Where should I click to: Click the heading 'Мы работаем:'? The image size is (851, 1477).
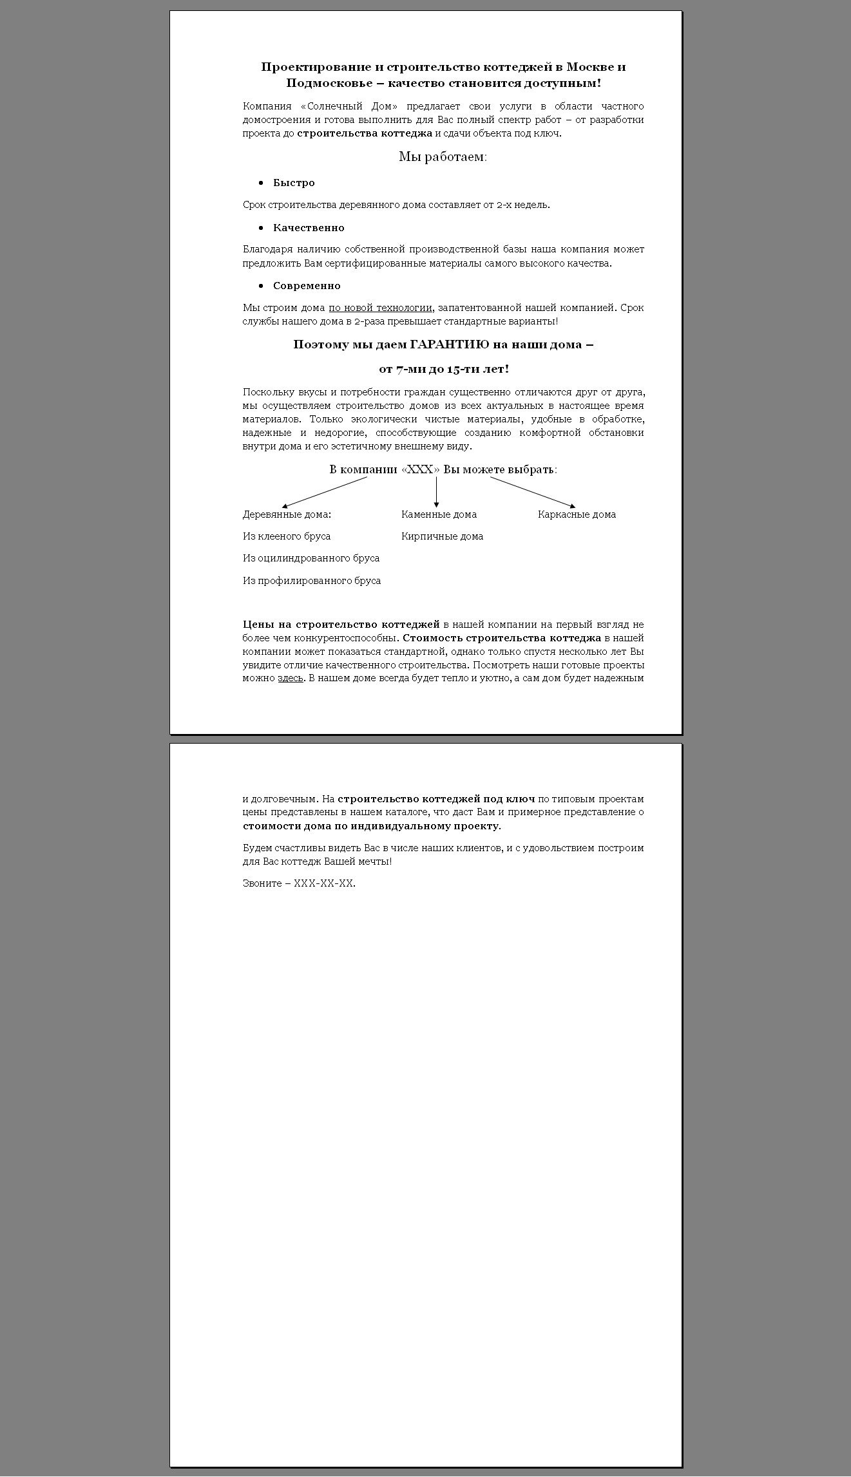pos(443,156)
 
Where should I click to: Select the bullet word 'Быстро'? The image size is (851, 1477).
pos(294,183)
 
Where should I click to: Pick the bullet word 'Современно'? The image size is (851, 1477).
pos(307,286)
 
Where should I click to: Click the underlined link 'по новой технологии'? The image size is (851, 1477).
pos(380,308)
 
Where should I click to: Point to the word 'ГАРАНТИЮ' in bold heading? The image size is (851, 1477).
pos(450,344)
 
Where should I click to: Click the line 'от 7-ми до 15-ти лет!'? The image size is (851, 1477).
pos(443,369)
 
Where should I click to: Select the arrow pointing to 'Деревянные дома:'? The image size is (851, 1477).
pos(325,493)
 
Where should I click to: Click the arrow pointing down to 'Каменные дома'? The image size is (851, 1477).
pos(436,493)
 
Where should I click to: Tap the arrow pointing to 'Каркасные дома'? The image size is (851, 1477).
pos(532,493)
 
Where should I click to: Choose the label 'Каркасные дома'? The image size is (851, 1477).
pos(577,514)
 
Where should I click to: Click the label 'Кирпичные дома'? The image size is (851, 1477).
pos(442,536)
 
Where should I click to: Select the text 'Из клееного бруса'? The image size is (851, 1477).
pos(287,536)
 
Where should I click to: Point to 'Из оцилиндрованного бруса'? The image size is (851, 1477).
pos(311,558)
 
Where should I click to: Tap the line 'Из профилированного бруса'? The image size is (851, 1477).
pos(312,581)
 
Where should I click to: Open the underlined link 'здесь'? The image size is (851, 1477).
pos(290,678)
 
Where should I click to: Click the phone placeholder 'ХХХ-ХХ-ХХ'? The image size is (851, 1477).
pos(323,883)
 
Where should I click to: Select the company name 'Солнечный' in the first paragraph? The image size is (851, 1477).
pos(335,106)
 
